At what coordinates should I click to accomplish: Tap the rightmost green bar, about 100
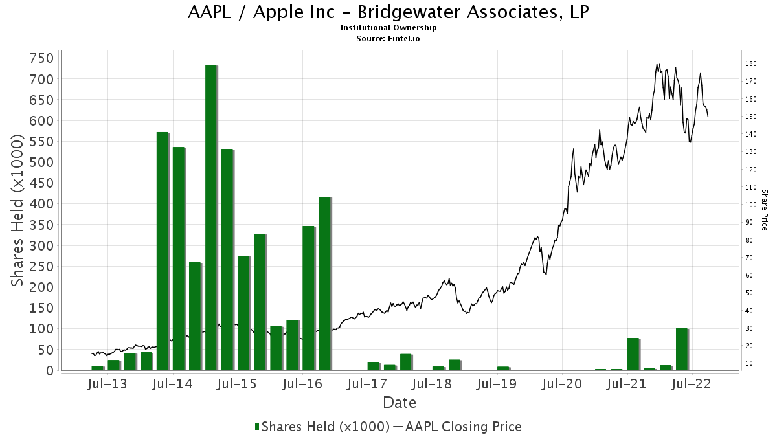(x=682, y=350)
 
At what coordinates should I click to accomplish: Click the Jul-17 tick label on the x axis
(x=367, y=385)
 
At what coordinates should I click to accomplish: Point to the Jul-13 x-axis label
(x=107, y=385)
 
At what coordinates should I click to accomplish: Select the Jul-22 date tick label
(x=692, y=385)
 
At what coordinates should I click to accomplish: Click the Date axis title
(x=400, y=403)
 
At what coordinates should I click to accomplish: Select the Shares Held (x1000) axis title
(x=19, y=210)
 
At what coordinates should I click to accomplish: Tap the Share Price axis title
(x=764, y=210)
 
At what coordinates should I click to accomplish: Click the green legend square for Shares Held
(x=257, y=427)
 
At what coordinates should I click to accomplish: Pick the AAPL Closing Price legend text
(x=462, y=427)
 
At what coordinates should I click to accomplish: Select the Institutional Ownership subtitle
(x=388, y=28)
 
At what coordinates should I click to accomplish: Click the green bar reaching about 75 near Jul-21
(x=633, y=354)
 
